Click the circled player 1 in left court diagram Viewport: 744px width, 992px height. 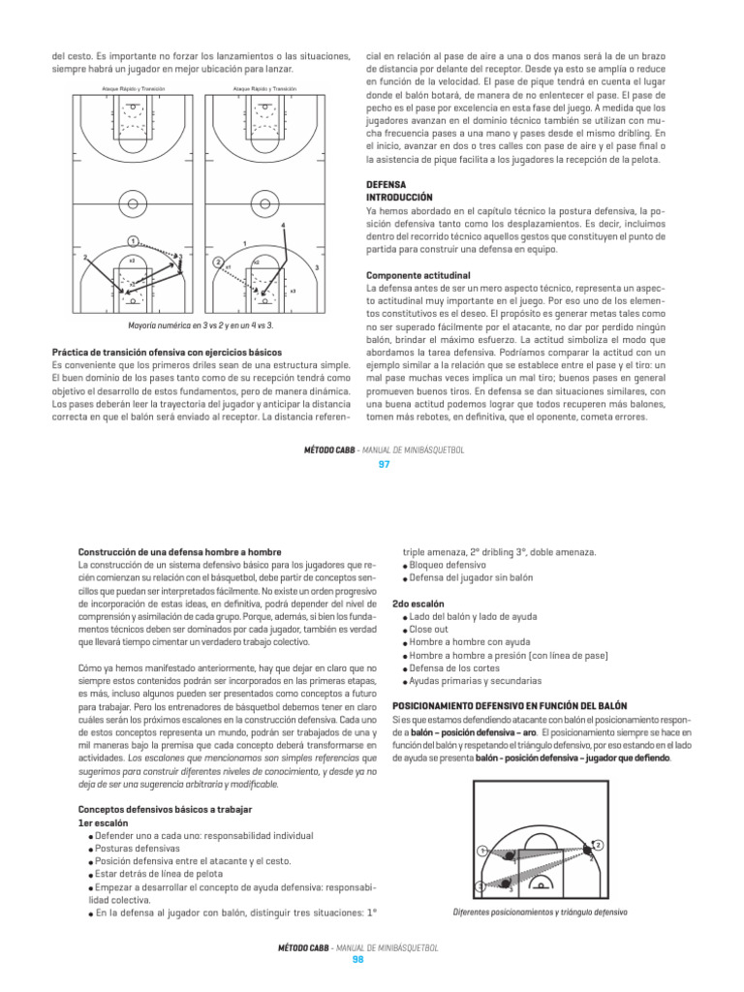click(131, 240)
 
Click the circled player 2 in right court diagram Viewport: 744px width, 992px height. click(219, 263)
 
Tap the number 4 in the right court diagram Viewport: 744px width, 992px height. click(283, 226)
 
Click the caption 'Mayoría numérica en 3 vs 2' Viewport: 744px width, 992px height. click(201, 326)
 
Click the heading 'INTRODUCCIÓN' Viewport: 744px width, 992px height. click(398, 196)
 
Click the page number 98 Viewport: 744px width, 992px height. click(356, 960)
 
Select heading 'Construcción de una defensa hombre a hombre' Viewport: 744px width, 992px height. click(173, 552)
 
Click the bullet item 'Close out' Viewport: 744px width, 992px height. click(432, 629)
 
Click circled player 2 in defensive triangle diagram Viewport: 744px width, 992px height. click(598, 846)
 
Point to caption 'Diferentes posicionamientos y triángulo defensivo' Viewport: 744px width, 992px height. click(540, 913)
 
